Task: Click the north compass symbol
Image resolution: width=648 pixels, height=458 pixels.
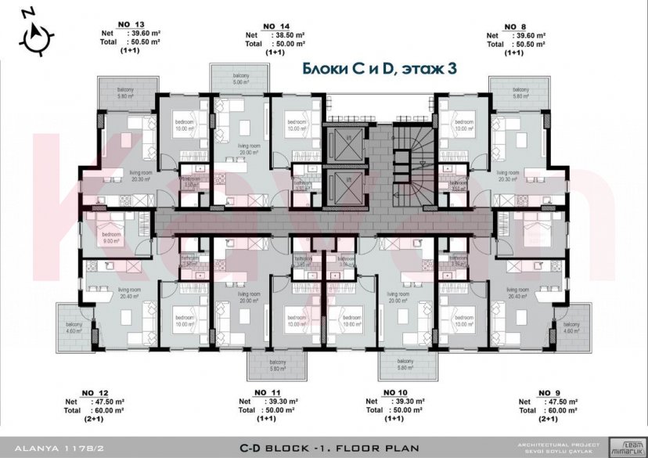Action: click(37, 34)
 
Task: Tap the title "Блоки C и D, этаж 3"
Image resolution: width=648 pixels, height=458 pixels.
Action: click(379, 70)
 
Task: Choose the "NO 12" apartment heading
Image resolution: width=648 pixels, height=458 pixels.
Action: click(94, 391)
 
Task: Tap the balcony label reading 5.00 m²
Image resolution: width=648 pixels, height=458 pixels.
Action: click(239, 79)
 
